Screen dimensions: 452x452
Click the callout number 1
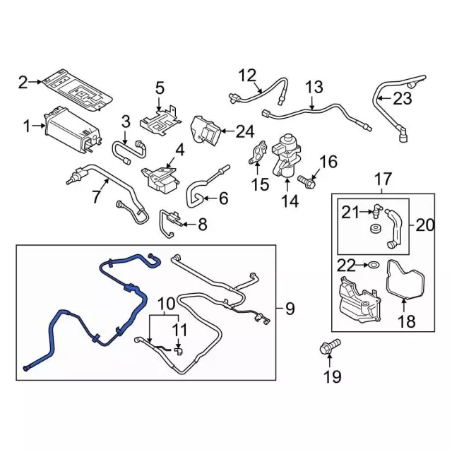pos(26,127)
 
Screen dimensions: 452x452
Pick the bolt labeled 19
pos(327,348)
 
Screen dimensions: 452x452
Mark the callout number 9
pos(290,309)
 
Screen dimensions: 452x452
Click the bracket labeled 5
pos(158,117)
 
